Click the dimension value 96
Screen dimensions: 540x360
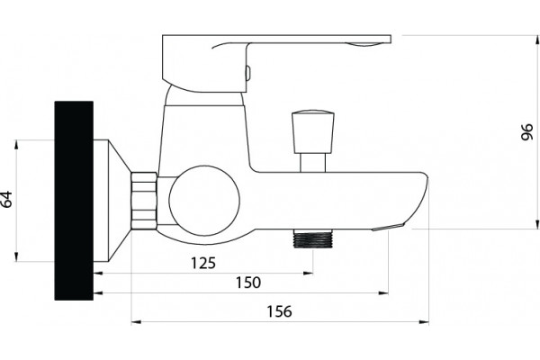[x=526, y=132]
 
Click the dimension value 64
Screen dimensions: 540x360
[x=6, y=199]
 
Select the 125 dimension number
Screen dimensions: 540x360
[x=203, y=263]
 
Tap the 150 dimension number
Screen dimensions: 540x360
[x=248, y=283]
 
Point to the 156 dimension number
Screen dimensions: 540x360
[x=279, y=311]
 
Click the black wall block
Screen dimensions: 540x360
[x=74, y=201]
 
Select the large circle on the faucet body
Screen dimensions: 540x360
[x=204, y=201]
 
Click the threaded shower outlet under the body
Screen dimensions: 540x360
[x=313, y=238]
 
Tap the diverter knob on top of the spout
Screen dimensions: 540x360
[x=312, y=131]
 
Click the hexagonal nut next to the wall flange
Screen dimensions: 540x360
[x=144, y=201]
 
